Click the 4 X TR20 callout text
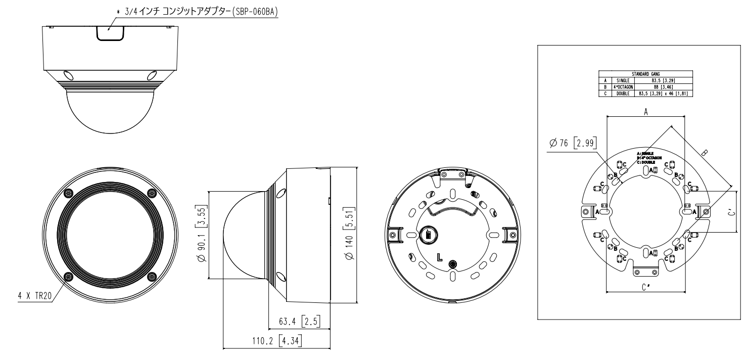[35, 296]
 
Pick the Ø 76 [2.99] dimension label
[573, 143]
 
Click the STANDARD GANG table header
[646, 74]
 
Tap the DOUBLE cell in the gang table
[621, 93]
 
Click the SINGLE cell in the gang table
[621, 80]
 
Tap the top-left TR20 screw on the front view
[68, 193]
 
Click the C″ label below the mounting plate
[646, 288]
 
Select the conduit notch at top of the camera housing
[111, 32]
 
